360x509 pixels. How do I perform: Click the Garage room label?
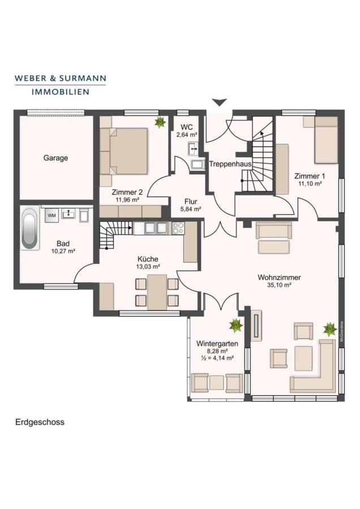55,158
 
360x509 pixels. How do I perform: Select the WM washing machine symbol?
52,215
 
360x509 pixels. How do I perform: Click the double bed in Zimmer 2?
124,151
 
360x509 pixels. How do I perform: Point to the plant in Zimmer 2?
160,122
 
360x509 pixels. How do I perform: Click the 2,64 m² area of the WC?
187,135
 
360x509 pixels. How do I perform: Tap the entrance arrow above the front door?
220,102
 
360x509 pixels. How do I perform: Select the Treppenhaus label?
230,164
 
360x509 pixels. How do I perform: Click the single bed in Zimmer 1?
326,140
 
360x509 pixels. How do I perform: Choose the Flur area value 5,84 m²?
191,209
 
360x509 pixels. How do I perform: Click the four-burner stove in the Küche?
178,228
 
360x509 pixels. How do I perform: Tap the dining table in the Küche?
157,292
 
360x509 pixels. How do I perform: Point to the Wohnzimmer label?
279,278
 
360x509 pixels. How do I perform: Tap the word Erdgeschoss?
40,422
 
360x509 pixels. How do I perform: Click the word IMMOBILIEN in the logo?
61,92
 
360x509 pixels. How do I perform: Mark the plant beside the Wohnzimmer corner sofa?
330,329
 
